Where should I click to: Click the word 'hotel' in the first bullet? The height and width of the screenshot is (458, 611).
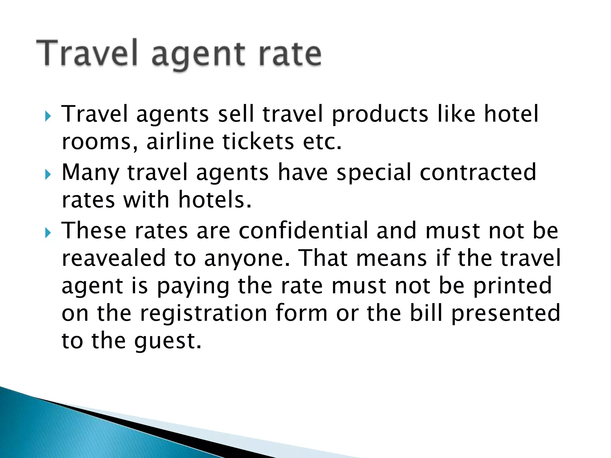coord(511,114)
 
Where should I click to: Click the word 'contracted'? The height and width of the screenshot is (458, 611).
coord(478,172)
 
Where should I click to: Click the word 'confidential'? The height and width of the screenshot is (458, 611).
coord(303,230)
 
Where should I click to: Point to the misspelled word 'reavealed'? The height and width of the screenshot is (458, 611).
coord(114,258)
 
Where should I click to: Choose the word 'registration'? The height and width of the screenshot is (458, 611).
coord(203,313)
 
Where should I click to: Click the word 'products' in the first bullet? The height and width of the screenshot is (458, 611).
coord(380,114)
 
